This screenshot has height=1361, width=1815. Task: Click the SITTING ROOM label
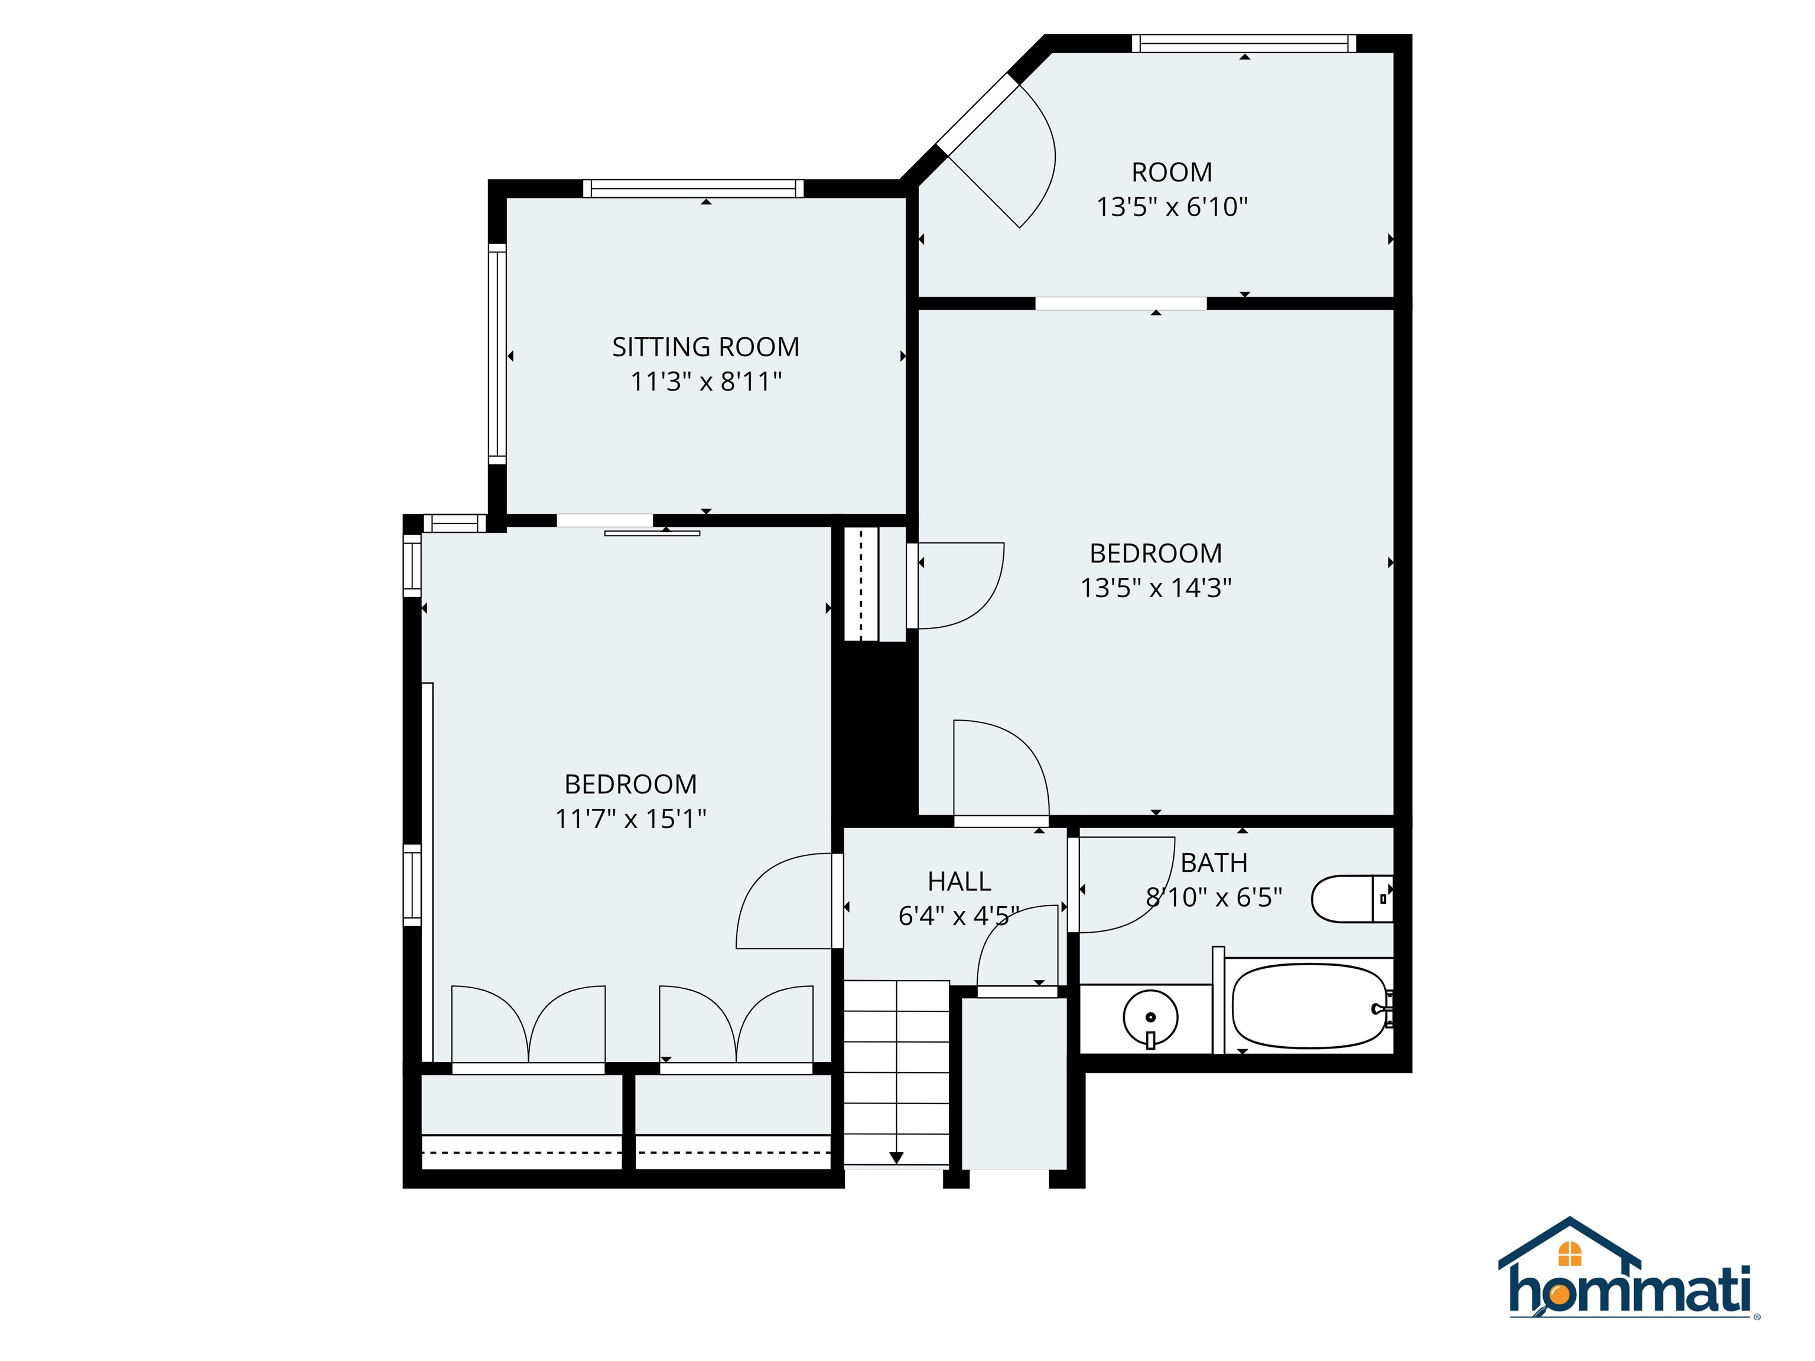705,347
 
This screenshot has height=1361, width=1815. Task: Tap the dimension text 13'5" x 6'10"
1172,207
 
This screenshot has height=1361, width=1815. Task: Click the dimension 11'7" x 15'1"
630,819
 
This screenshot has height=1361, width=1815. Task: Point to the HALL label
958,881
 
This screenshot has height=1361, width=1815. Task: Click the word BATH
1214,863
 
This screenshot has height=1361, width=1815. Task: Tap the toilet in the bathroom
1350,899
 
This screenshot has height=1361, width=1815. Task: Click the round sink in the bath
1150,1017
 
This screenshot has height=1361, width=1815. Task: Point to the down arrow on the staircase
896,1157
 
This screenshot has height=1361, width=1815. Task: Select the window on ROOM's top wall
1244,44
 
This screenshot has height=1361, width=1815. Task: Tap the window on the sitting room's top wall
694,188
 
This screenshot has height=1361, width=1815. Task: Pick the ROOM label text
1172,172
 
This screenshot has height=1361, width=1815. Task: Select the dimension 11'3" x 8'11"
705,382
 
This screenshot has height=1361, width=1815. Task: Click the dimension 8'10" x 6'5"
1214,897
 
